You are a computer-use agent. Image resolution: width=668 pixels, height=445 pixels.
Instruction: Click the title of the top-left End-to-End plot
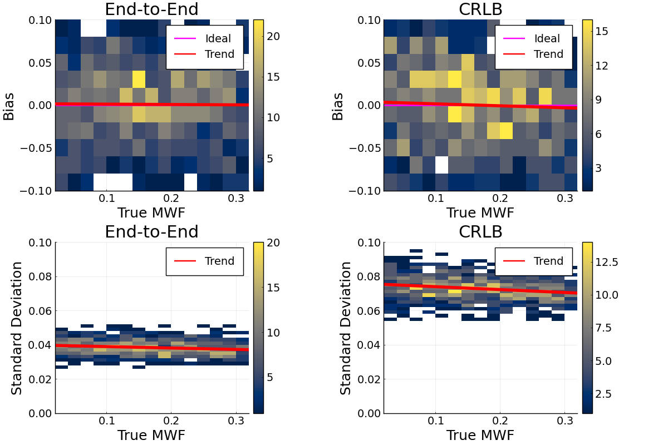point(151,9)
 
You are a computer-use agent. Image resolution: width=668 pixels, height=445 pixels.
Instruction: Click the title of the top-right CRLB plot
point(480,9)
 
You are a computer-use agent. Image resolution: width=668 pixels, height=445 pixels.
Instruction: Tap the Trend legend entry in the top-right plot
point(548,55)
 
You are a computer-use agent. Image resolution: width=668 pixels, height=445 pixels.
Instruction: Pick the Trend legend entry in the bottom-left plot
point(219,261)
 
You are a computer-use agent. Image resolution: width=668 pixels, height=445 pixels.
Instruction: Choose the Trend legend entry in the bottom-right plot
point(548,261)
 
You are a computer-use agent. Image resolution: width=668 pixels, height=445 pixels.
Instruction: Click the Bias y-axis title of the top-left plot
point(9,106)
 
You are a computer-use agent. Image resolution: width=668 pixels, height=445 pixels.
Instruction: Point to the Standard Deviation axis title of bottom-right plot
point(346,328)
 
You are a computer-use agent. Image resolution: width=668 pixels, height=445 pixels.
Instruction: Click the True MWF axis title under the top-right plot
point(480,212)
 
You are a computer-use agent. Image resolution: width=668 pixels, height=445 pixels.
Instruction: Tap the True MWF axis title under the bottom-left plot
point(151,435)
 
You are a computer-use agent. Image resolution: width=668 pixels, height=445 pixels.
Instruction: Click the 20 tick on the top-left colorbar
point(274,36)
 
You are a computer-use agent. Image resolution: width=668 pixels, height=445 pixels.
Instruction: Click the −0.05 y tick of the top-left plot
point(36,149)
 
